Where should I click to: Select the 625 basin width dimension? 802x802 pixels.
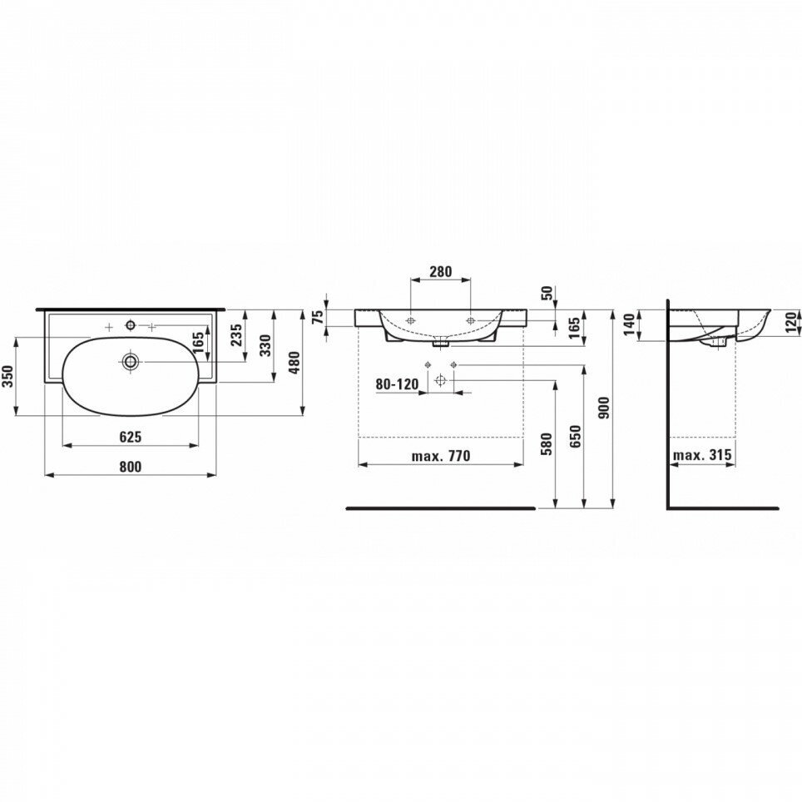[131, 436]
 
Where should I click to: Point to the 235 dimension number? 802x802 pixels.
[237, 334]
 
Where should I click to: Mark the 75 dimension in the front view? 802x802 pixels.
[317, 316]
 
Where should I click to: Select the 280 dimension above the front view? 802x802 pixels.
[440, 271]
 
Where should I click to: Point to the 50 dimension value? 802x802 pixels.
[547, 293]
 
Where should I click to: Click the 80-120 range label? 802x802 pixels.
[395, 384]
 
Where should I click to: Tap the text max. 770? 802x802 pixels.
[441, 455]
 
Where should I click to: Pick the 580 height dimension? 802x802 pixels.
[547, 443]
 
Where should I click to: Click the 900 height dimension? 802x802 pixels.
[605, 407]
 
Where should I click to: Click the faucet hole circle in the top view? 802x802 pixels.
[130, 324]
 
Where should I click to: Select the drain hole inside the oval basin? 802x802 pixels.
[130, 361]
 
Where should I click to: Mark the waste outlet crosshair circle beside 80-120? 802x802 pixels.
[441, 380]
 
